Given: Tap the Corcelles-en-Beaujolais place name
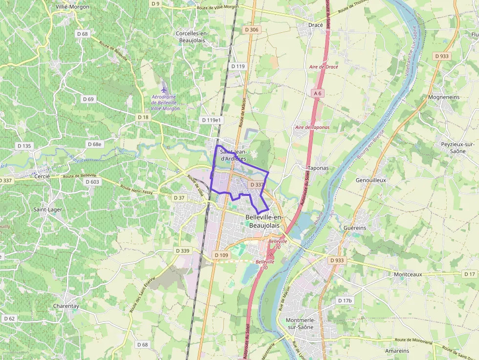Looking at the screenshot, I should click(192, 36).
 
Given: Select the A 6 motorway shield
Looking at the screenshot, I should click(318, 93).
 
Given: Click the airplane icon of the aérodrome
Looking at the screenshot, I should click(164, 88).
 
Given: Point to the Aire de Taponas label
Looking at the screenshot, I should click(312, 127).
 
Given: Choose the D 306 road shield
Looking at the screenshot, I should click(251, 30).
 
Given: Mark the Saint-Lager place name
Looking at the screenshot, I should click(47, 210).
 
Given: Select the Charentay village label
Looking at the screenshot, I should click(65, 306).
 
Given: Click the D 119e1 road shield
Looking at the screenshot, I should click(211, 120).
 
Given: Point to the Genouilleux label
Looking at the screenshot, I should click(371, 180).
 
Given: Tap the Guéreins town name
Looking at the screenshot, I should click(355, 228).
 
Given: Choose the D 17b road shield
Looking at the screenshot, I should click(345, 300).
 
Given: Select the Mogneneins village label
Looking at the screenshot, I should click(443, 97).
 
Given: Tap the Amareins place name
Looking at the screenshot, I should click(397, 351).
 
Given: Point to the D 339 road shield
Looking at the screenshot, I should click(182, 251).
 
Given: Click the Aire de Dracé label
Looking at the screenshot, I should click(324, 66).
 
